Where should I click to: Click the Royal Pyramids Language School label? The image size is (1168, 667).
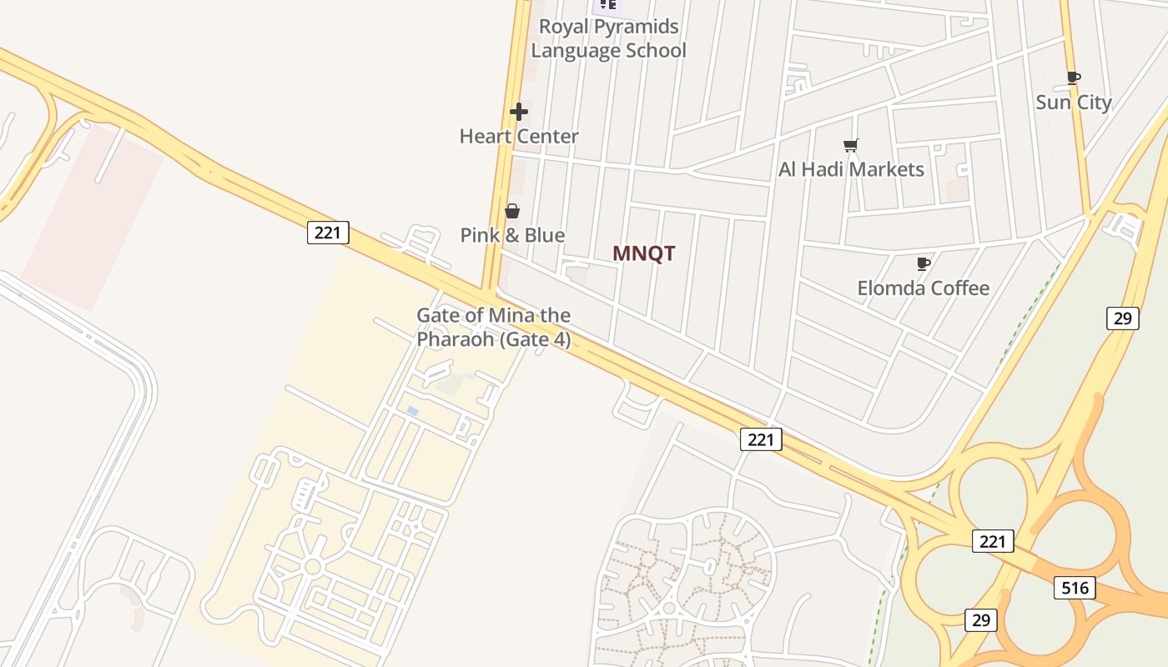(608, 38)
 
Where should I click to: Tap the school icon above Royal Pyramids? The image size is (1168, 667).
(608, 4)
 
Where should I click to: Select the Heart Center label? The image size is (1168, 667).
(519, 136)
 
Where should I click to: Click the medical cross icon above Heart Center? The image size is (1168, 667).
(519, 112)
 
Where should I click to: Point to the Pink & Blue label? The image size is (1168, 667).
(512, 235)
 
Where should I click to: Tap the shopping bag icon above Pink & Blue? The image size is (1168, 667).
(512, 211)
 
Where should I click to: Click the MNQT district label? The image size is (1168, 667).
(643, 253)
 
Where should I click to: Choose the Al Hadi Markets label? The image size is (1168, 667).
(851, 169)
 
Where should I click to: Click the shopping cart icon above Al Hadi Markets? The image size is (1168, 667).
(851, 146)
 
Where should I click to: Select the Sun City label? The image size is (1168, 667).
(1073, 103)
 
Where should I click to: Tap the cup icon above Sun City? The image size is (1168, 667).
(1074, 78)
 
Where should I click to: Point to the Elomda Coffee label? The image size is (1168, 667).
(923, 288)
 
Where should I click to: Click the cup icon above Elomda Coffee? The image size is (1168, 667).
(924, 264)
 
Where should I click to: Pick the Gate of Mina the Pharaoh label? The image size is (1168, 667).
(493, 328)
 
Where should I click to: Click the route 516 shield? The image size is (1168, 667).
(1074, 588)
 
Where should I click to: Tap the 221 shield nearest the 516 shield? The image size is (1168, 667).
(993, 541)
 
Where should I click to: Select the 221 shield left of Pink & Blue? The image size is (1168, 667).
(328, 233)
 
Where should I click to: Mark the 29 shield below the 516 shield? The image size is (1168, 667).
(980, 619)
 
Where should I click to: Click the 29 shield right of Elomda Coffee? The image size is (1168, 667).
(1123, 318)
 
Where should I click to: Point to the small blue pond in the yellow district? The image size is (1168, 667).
(412, 411)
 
